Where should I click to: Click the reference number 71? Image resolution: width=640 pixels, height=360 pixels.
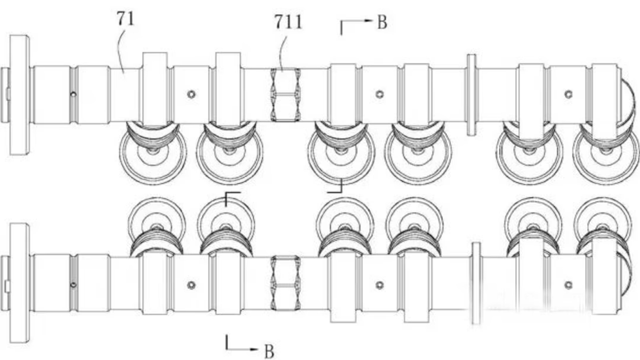click(126, 19)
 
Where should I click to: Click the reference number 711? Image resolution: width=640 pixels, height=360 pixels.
click(288, 22)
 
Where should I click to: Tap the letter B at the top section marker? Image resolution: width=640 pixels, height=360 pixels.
click(382, 22)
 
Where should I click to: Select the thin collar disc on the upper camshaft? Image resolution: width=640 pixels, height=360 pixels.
click(471, 94)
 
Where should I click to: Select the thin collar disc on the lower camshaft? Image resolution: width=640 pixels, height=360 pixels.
click(476, 283)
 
